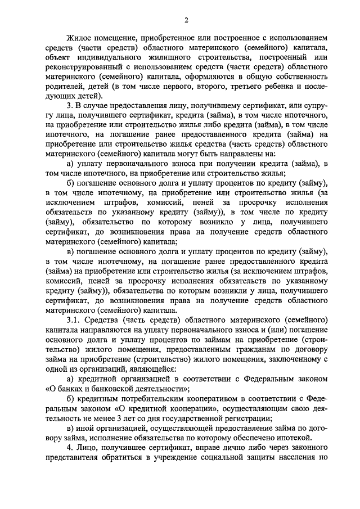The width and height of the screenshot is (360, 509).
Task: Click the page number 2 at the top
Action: pyautogui.click(x=186, y=21)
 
